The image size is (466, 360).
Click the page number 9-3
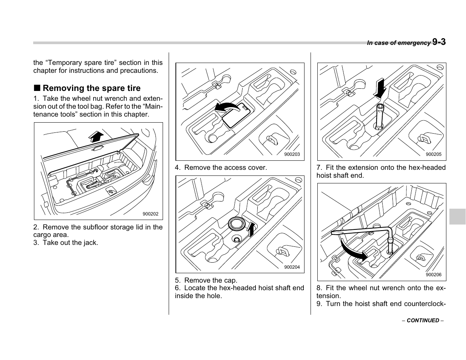439,42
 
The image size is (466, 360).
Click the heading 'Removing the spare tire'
91,88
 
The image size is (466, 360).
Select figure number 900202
150,214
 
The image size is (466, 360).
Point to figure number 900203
292,154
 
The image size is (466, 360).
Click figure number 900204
292,267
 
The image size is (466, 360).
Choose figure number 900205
433,154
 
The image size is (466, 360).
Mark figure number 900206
433,275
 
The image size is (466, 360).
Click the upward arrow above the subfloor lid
97,136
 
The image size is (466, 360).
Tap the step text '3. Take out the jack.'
66,243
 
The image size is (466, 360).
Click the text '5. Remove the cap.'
206,280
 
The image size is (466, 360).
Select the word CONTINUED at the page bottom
423,320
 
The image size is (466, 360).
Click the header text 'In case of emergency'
398,43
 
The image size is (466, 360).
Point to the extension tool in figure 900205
380,115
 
